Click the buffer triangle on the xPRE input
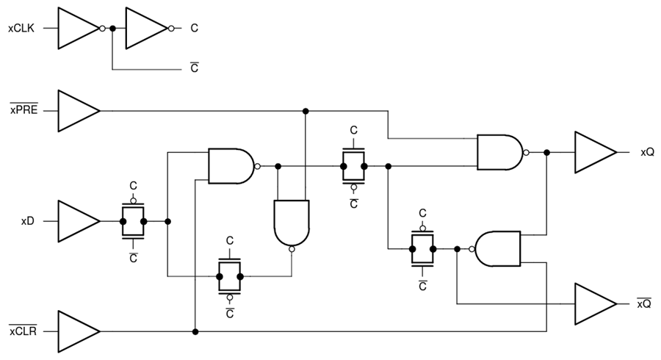click(x=76, y=111)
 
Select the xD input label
click(x=28, y=220)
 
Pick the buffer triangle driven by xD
click(x=76, y=220)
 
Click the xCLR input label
click(x=23, y=331)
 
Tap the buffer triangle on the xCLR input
click(x=76, y=331)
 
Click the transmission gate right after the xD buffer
click(x=133, y=220)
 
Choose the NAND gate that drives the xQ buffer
click(x=499, y=153)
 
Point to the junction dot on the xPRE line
click(x=305, y=111)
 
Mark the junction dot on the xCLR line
click(x=195, y=331)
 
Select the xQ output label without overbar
click(x=646, y=153)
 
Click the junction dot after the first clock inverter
click(x=112, y=29)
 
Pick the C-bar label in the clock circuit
click(x=194, y=68)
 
